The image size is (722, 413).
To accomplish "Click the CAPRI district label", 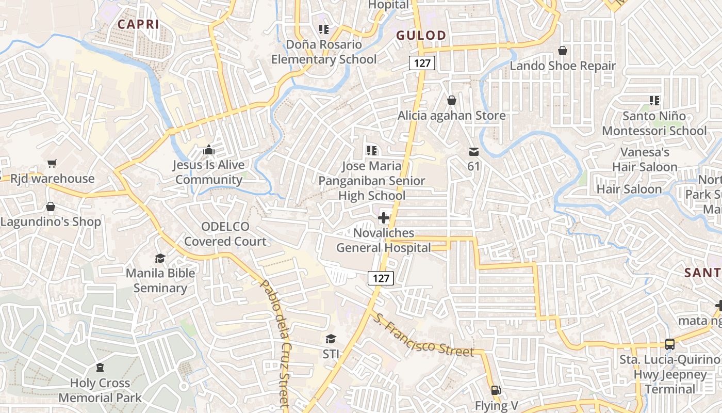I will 138,24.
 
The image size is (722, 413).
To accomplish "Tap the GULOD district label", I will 421,35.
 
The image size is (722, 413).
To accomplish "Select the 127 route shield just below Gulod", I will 422,63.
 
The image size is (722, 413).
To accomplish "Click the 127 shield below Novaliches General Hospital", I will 381,278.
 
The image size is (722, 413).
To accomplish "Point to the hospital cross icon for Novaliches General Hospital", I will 384,218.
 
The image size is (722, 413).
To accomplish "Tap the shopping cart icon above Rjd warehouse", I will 52,164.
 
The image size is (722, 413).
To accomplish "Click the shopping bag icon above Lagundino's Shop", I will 51,206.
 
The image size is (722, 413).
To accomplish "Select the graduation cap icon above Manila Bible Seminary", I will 160,258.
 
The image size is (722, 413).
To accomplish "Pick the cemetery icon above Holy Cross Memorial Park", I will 100,368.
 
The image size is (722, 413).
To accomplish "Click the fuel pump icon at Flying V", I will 496,390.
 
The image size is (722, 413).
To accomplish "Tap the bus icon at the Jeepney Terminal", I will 669,344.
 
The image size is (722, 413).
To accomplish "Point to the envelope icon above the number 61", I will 473,152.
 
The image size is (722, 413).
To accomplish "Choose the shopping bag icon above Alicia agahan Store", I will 452,100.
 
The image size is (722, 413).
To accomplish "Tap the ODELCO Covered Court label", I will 225,234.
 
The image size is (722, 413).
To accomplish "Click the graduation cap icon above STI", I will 331,339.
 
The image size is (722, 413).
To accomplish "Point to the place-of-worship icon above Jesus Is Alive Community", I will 208,150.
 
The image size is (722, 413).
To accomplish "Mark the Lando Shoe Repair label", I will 563,66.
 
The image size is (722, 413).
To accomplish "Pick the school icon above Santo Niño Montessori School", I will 654,100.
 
